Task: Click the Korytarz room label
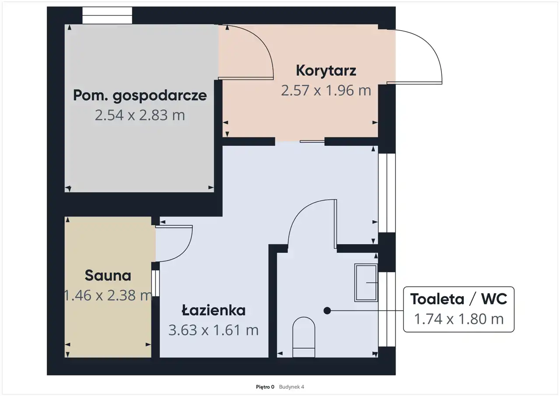[x=326, y=71]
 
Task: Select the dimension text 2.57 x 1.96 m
[x=326, y=91]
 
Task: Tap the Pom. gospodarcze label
[x=140, y=96]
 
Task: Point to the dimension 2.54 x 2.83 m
[x=140, y=115]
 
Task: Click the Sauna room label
[x=108, y=276]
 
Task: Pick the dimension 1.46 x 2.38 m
[x=108, y=295]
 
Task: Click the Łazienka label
[x=213, y=310]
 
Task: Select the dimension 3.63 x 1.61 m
[x=213, y=330]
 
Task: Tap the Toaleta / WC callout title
[x=459, y=299]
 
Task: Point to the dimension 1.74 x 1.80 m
[x=459, y=319]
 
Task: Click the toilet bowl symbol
[x=304, y=337]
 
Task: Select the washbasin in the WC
[x=366, y=283]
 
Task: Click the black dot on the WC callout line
[x=327, y=311]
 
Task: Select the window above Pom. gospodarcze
[x=107, y=15]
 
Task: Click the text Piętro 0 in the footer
[x=265, y=387]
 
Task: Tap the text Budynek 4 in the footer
[x=291, y=387]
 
